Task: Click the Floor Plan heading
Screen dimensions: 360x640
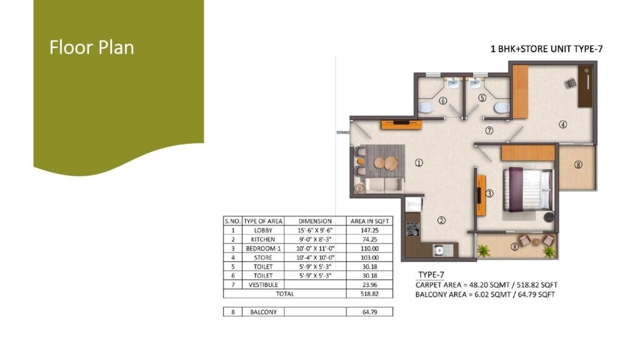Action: tap(92, 47)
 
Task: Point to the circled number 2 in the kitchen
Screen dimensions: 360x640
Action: tap(441, 220)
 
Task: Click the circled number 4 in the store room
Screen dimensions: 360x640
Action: tap(562, 124)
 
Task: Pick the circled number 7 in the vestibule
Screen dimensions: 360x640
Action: tap(489, 131)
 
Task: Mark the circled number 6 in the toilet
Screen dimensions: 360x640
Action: tap(443, 100)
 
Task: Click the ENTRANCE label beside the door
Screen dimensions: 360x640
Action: tap(342, 132)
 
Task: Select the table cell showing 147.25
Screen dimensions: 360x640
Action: tap(370, 230)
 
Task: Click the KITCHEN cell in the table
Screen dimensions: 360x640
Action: tap(263, 239)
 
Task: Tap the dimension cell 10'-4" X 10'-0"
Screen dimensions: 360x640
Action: tap(315, 257)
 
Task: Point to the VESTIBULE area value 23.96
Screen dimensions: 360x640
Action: tap(370, 284)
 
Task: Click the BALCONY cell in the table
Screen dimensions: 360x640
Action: tap(263, 311)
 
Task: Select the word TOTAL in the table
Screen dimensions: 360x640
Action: tap(284, 293)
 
